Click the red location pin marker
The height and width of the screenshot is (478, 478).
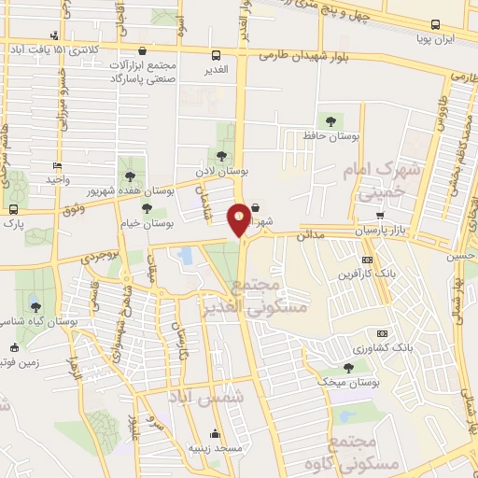[x=239, y=218]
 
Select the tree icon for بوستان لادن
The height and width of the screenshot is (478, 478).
[x=221, y=156]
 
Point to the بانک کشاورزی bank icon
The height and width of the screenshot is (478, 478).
[x=381, y=333]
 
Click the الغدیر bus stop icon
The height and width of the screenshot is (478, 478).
[x=217, y=55]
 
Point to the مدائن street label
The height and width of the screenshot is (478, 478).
[x=308, y=237]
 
